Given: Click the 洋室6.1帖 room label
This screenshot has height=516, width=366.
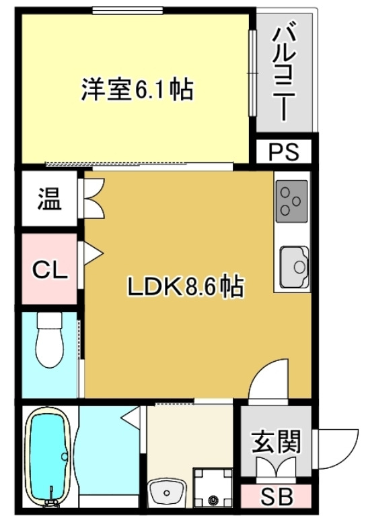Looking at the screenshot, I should pyautogui.click(x=138, y=90).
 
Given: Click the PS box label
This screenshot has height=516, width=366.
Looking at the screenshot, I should pyautogui.click(x=283, y=152).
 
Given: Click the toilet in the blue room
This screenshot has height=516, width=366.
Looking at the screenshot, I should pyautogui.click(x=48, y=343).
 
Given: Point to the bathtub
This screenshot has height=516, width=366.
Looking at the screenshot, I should pyautogui.click(x=48, y=459).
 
